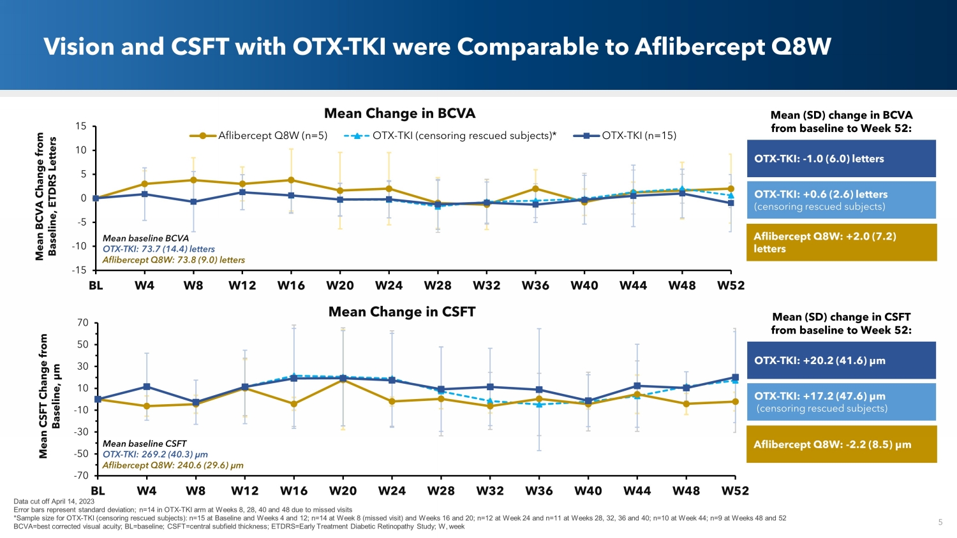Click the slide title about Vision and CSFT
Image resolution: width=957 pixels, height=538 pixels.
[437, 47]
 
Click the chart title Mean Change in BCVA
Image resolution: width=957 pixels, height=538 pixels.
[399, 113]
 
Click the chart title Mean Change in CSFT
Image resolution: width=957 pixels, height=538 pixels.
[401, 312]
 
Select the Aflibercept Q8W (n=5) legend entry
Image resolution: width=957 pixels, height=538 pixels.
[258, 136]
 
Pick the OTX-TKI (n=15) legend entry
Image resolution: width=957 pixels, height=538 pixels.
[625, 136]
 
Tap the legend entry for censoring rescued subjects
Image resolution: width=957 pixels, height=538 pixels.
[450, 136]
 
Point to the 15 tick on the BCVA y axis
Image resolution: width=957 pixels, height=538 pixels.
[80, 126]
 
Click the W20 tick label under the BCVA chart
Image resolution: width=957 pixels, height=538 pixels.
[339, 286]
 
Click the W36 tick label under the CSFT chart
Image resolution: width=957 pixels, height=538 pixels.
[539, 491]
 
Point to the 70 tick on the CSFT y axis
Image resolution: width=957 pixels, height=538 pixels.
[82, 323]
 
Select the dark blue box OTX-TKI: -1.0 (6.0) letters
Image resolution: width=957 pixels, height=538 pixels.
[841, 159]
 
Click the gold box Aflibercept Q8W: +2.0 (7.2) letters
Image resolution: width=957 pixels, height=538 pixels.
[841, 242]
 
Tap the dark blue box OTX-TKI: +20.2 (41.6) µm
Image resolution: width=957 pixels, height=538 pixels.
[841, 360]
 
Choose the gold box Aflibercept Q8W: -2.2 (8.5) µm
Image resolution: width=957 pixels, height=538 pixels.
[841, 444]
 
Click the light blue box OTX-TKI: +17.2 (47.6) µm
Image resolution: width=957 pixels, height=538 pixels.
[841, 402]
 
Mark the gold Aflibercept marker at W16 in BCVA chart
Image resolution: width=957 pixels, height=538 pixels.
[291, 180]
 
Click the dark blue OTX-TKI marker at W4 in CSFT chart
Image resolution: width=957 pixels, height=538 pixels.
[147, 386]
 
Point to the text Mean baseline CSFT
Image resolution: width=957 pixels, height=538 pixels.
[144, 444]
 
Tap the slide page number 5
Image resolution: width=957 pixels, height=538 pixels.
[940, 522]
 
